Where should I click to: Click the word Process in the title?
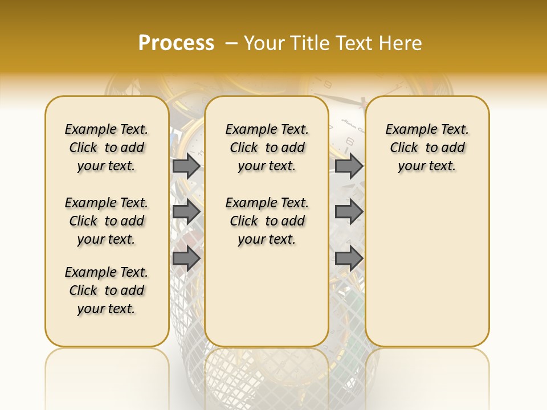(x=176, y=43)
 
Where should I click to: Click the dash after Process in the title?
(x=231, y=44)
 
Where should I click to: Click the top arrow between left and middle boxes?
(x=186, y=166)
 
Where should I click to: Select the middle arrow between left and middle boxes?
(x=186, y=212)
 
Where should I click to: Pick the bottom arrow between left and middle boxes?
(x=186, y=258)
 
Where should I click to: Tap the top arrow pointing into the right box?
(x=349, y=166)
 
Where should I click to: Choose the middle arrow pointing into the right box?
(x=349, y=212)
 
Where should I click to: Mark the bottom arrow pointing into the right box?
(x=349, y=258)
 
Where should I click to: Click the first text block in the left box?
(x=107, y=147)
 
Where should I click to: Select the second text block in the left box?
(x=107, y=221)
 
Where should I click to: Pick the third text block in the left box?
(x=107, y=290)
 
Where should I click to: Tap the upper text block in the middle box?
(x=267, y=147)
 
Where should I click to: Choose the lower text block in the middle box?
(x=267, y=221)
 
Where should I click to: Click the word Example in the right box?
(x=409, y=130)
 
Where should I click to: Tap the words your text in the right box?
(x=427, y=166)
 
